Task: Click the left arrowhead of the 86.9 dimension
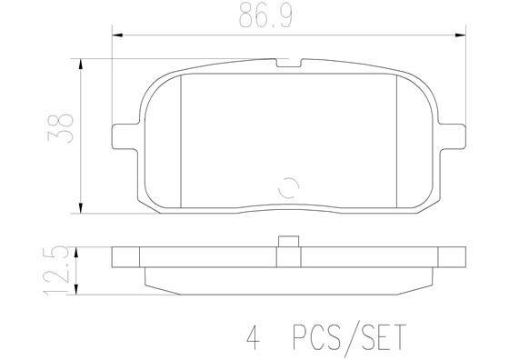click(x=115, y=36)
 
